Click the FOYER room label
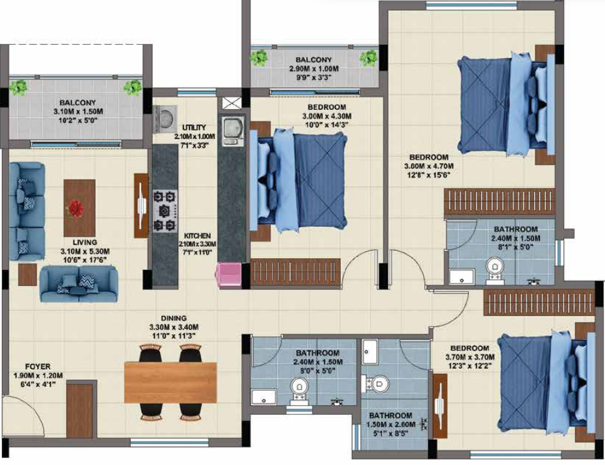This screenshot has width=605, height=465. point(37,366)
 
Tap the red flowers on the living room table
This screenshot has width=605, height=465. point(77,207)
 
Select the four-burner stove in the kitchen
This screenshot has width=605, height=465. point(166,210)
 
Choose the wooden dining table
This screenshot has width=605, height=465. point(170,382)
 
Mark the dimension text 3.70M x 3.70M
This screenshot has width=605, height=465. point(468,357)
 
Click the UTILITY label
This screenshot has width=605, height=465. point(195,127)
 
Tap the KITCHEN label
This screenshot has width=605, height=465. point(197,236)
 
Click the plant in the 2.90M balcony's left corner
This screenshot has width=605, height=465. point(260,57)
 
